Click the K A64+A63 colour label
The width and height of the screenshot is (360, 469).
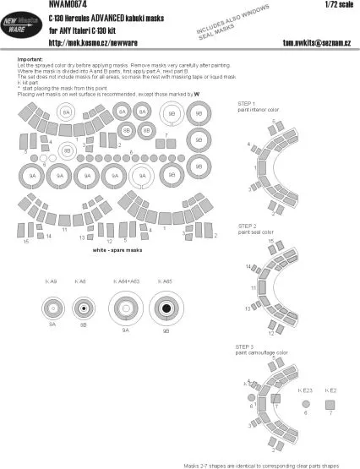(126, 280)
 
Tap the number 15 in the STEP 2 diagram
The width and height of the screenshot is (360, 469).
(270, 242)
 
